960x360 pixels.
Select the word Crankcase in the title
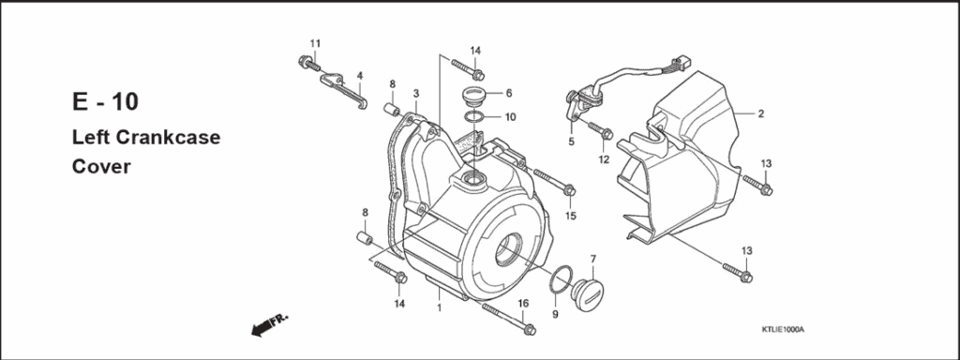169,138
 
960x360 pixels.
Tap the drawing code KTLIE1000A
783,330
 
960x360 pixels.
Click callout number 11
315,43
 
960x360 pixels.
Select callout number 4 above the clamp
359,75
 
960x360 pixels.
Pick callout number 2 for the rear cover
760,113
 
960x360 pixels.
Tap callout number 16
523,303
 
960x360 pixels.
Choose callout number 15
569,217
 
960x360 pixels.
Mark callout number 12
604,159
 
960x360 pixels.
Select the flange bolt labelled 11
307,63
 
